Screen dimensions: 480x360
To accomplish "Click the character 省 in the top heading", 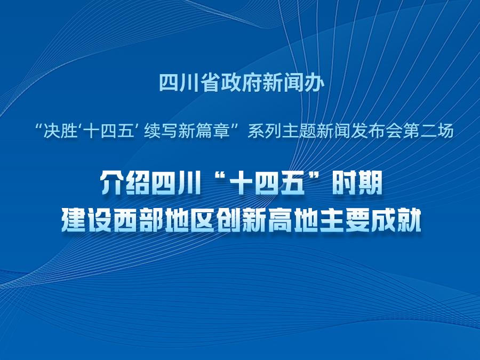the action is (211, 83).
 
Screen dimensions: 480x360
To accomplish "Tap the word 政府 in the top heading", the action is (242, 83).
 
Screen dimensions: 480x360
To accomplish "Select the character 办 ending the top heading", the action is (314, 83).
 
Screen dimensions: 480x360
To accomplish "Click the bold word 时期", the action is (357, 183).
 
